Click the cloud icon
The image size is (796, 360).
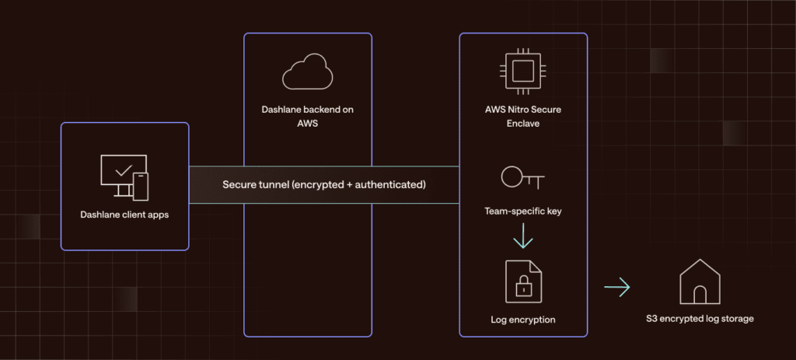pyautogui.click(x=307, y=73)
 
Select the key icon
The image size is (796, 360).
pyautogui.click(x=522, y=179)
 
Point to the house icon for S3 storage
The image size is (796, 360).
pyautogui.click(x=700, y=283)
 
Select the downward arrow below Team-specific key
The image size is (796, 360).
pyautogui.click(x=523, y=235)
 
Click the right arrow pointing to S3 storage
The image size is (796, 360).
pyautogui.click(x=617, y=288)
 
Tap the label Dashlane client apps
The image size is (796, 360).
pyautogui.click(x=124, y=215)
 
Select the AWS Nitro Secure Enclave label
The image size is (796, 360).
pyautogui.click(x=522, y=117)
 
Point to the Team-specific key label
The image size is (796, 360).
pyautogui.click(x=522, y=210)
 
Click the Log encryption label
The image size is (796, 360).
pyautogui.click(x=522, y=320)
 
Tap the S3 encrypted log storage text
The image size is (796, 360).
pyautogui.click(x=700, y=319)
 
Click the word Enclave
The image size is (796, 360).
pyautogui.click(x=522, y=124)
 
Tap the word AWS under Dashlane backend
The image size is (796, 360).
pyautogui.click(x=307, y=124)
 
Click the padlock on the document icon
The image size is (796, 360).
pyautogui.click(x=523, y=285)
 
